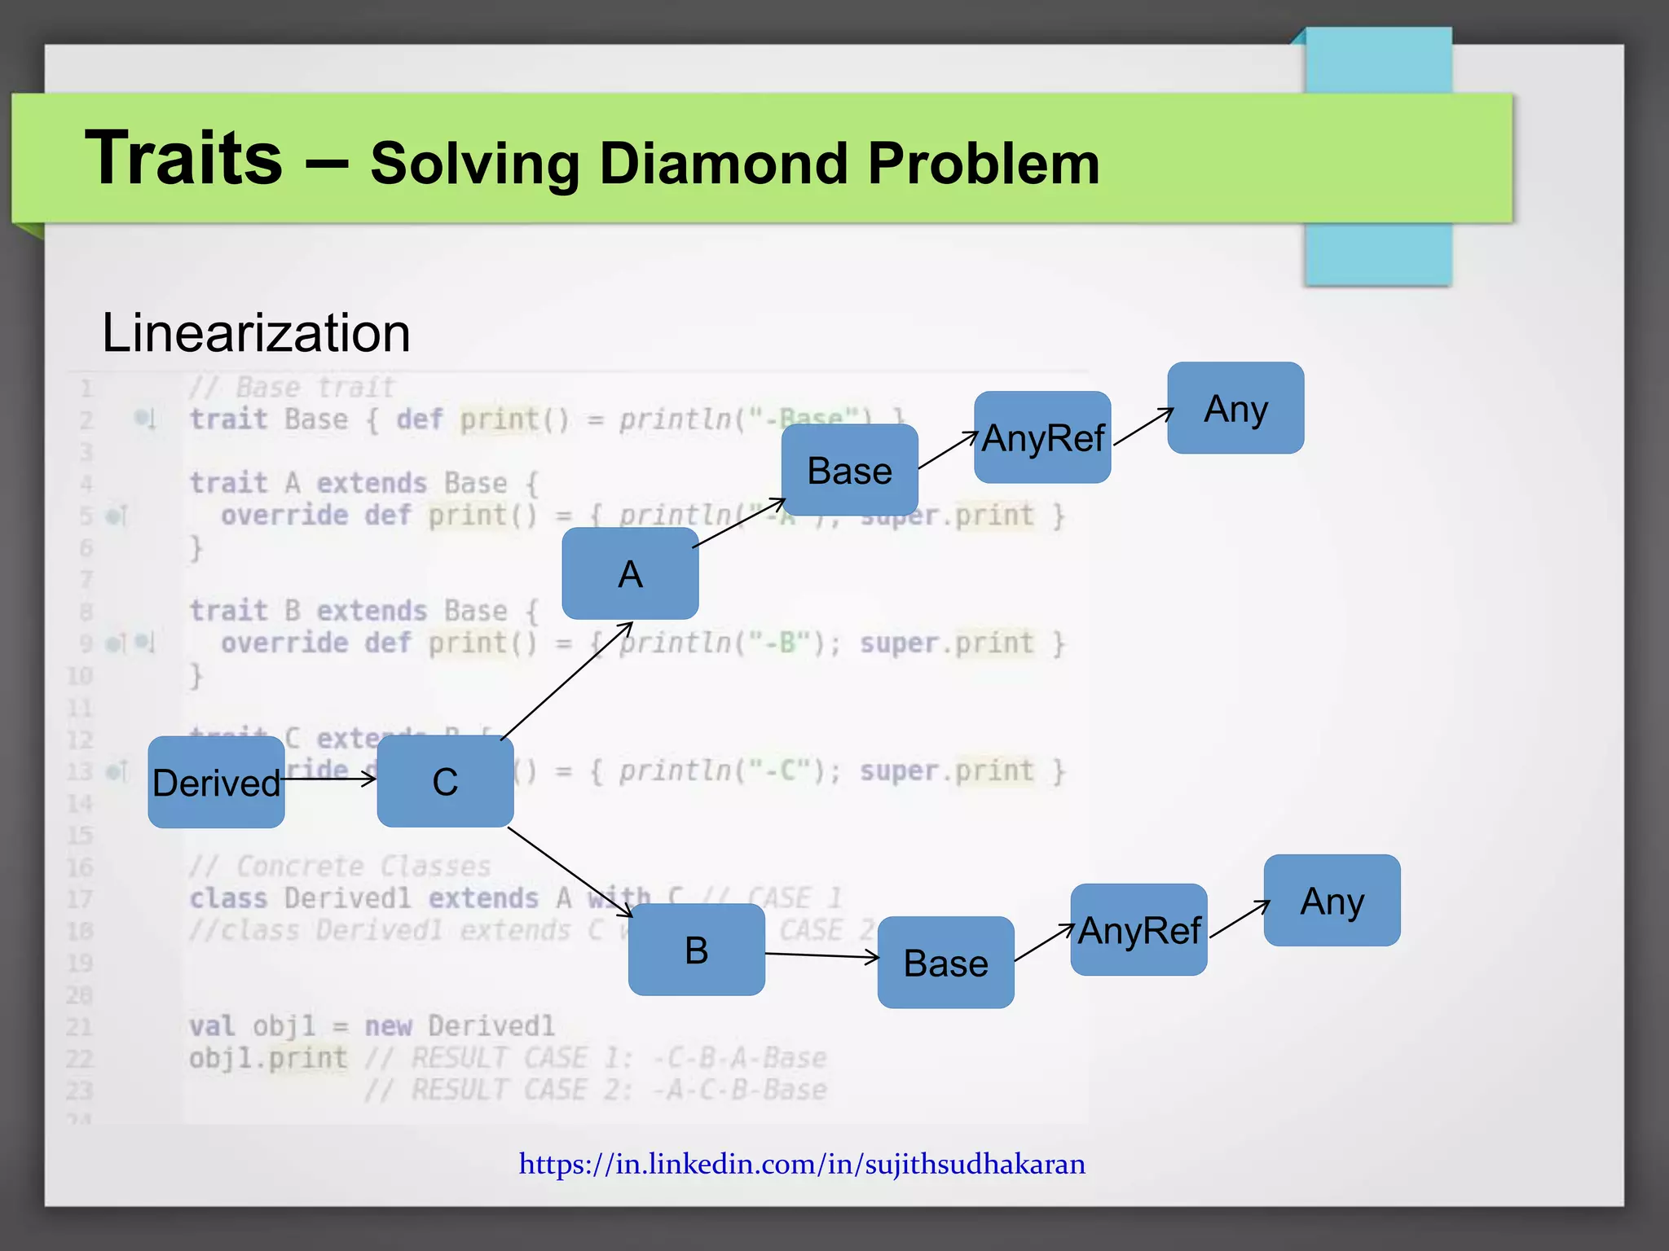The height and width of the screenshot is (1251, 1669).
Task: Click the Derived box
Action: [216, 782]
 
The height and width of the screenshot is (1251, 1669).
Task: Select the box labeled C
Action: [445, 782]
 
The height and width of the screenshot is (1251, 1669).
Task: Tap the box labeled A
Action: [630, 573]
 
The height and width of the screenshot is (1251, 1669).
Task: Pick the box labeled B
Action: [697, 950]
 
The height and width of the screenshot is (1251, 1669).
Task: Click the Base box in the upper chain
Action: [849, 470]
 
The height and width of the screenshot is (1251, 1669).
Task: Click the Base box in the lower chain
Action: [945, 963]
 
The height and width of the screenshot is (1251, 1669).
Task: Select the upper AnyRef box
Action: [1042, 437]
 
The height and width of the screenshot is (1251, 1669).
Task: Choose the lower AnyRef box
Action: [1138, 930]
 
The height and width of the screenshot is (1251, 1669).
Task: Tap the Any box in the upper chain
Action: [1235, 408]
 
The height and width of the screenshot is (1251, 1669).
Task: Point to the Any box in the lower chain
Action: [1332, 901]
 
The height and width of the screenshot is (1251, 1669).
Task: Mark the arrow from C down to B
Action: [570, 872]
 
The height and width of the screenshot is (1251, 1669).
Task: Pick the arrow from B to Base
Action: [821, 955]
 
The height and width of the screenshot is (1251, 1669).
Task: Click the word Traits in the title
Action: [184, 158]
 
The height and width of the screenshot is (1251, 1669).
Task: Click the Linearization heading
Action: [256, 333]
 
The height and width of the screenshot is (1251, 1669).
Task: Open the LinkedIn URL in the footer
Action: [802, 1164]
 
